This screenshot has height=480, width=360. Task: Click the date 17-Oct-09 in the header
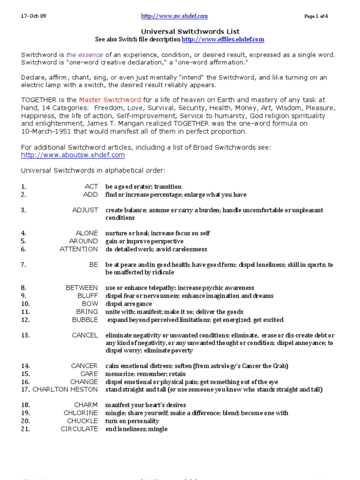(x=33, y=16)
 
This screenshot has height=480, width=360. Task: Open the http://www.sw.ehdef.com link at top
(x=174, y=16)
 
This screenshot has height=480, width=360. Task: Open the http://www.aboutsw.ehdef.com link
(x=73, y=155)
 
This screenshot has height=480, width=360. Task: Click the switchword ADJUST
(x=85, y=210)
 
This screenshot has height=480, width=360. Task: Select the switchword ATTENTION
(x=79, y=249)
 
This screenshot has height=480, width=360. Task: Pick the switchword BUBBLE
(x=85, y=320)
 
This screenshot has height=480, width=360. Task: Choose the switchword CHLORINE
(x=81, y=413)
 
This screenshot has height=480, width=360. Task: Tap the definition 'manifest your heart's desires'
(x=145, y=405)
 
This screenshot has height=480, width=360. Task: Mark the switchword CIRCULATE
(x=79, y=429)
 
